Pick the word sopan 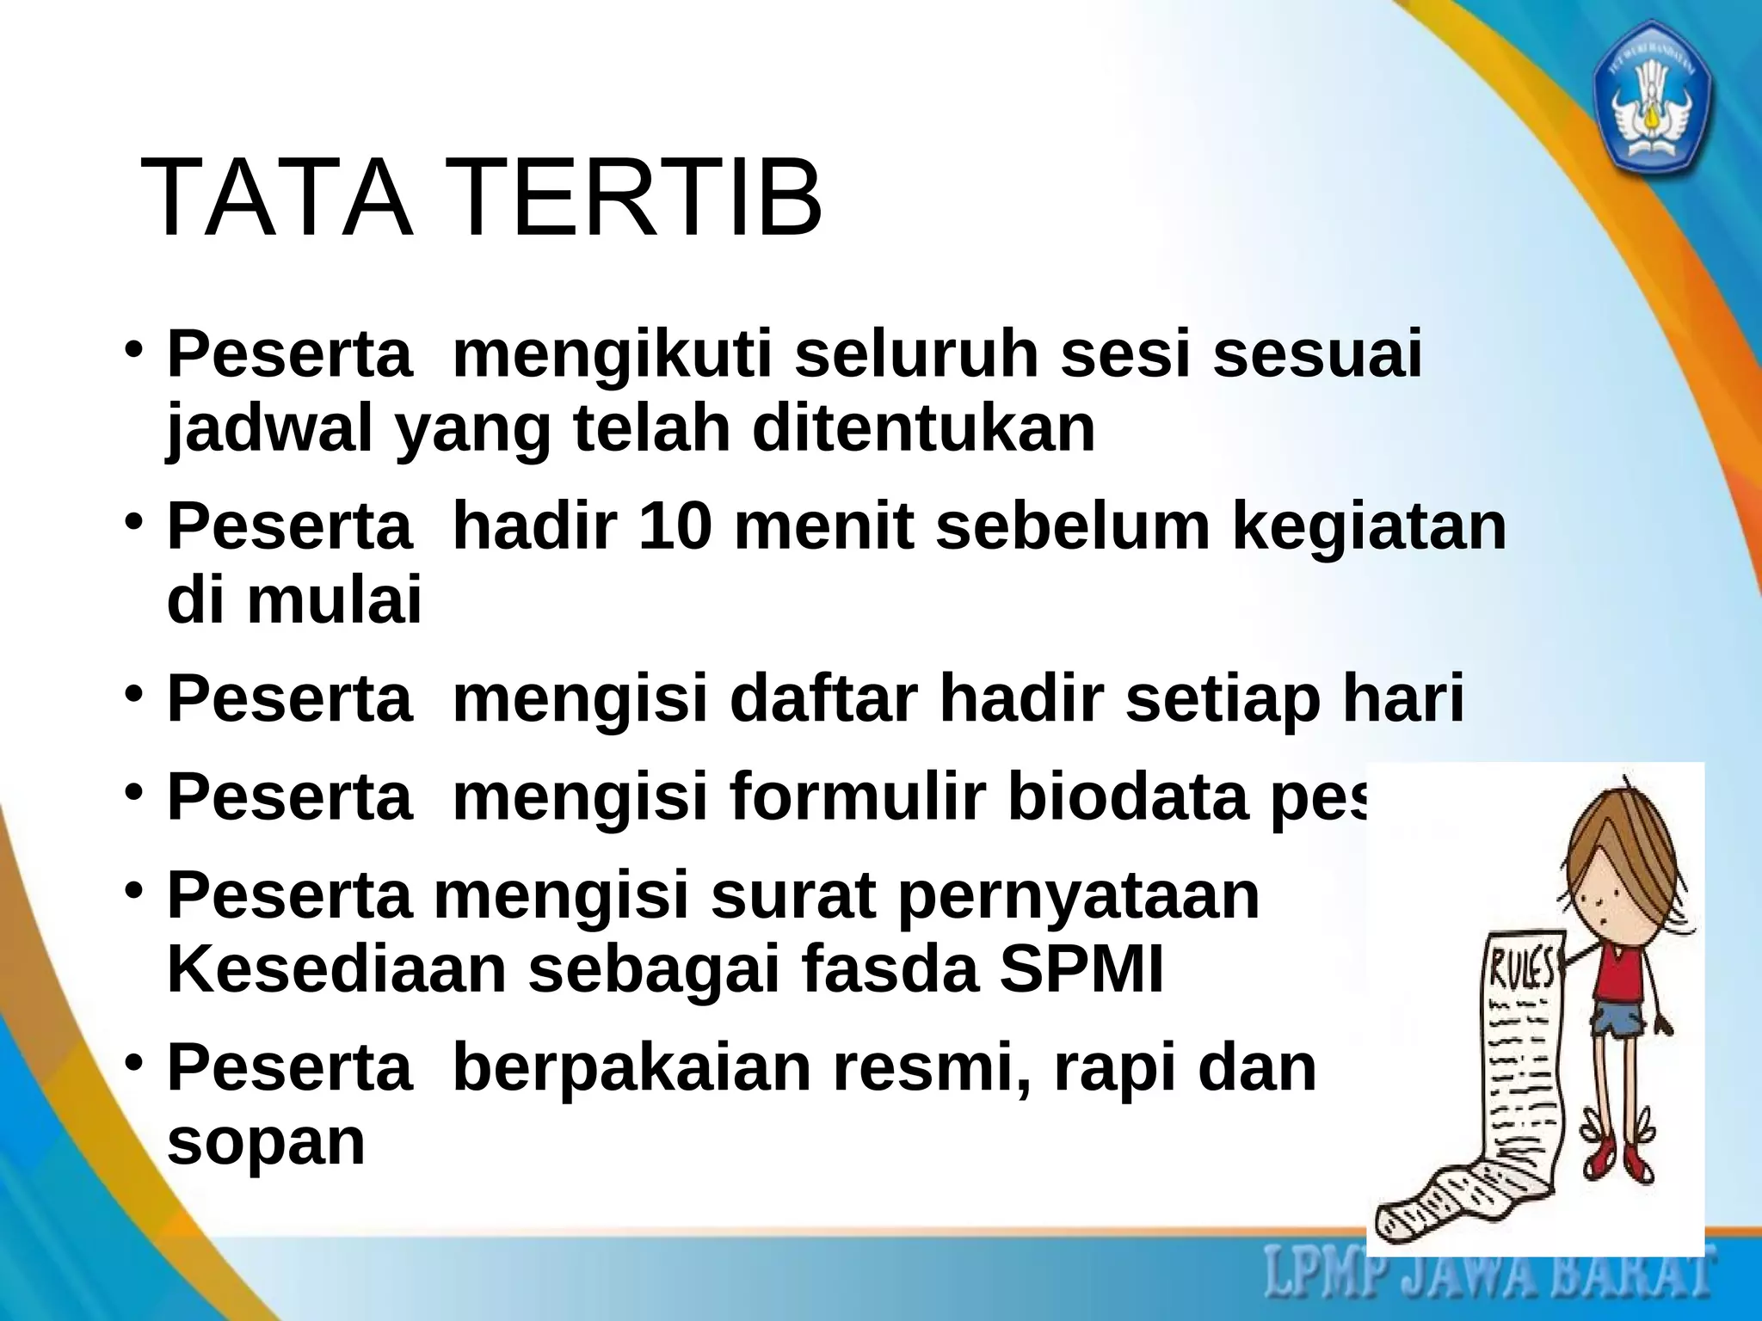266,1144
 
